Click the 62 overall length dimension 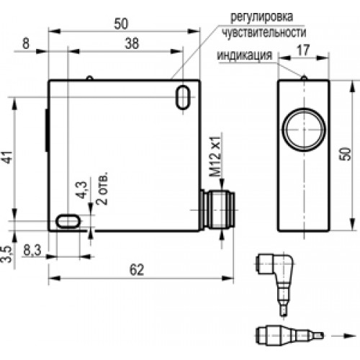point(137,269)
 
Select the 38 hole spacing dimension point(132,43)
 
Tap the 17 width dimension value point(303,50)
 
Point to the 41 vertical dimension point(9,157)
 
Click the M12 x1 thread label point(215,156)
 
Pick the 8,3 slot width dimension point(32,251)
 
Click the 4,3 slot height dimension point(82,190)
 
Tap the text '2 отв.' point(102,188)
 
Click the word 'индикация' point(245,55)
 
